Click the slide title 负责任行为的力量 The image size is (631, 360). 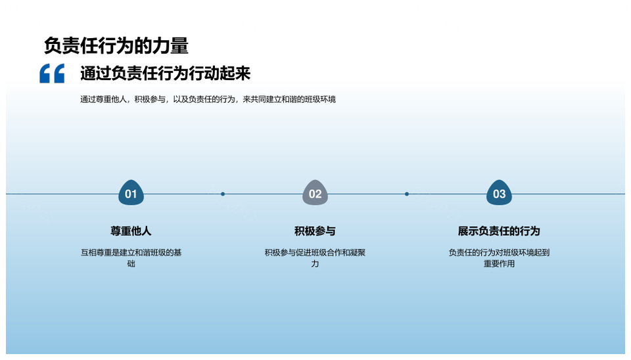click(116, 45)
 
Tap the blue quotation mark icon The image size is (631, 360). click(52, 73)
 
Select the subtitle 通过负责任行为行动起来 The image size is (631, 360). click(166, 73)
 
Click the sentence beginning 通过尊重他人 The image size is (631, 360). click(208, 99)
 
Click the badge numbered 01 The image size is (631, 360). click(131, 193)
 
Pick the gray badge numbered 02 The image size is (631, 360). click(315, 193)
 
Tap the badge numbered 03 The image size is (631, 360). click(499, 193)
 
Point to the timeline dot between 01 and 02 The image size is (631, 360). click(223, 194)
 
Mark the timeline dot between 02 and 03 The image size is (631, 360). click(407, 194)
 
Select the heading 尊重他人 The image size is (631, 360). click(131, 231)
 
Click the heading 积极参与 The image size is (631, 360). click(315, 231)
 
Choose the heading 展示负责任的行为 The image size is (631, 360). click(499, 231)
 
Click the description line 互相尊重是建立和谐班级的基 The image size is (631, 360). click(131, 253)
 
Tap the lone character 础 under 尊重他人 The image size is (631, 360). click(131, 264)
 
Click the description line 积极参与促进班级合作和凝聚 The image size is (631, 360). click(315, 253)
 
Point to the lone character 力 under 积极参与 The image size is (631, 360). click(315, 264)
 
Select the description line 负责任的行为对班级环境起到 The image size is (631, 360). click(499, 253)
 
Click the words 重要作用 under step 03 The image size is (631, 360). click(499, 264)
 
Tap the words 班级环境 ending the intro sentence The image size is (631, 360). click(320, 99)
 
